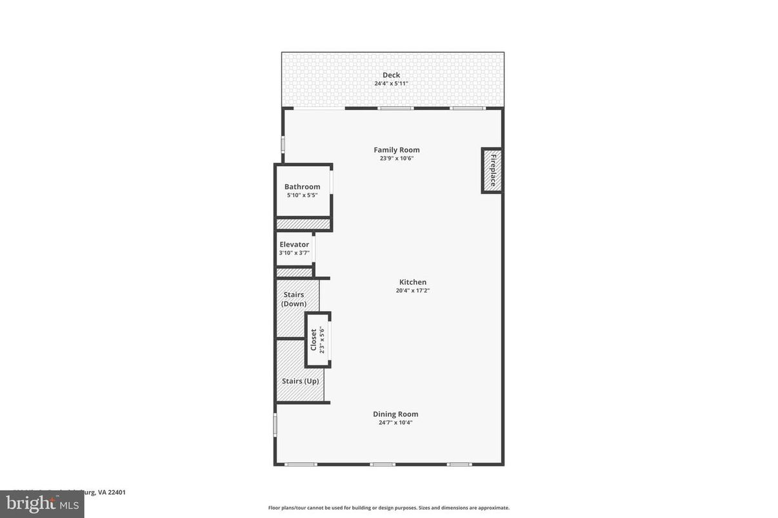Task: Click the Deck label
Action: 391,75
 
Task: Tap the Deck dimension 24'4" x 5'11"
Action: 391,84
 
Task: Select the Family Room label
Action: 397,150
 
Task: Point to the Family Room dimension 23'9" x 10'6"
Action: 397,158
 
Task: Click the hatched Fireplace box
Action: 492,171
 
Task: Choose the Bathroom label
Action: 302,187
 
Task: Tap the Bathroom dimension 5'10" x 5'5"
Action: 302,195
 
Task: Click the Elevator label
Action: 294,245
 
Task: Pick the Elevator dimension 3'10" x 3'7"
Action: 294,253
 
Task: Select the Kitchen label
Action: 413,282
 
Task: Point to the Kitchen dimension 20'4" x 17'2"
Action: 413,291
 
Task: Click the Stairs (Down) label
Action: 294,299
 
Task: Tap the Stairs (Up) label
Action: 301,381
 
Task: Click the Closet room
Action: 318,340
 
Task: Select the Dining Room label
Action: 395,414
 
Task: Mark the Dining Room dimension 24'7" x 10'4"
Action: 395,423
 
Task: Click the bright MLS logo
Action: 42,504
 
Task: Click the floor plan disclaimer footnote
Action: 389,508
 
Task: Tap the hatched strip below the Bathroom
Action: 303,224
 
